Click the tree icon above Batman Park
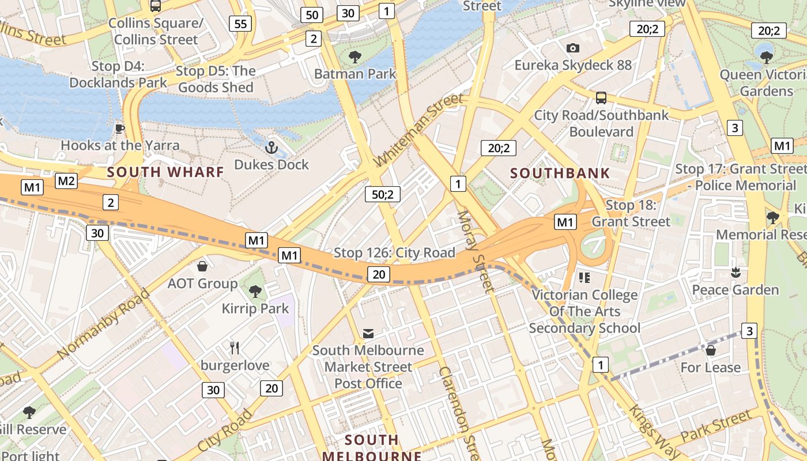click(355, 56)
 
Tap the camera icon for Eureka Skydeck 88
click(572, 48)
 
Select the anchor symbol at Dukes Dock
click(271, 148)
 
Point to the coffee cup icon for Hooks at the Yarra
click(119, 128)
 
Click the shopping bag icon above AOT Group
click(202, 266)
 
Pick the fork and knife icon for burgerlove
click(234, 348)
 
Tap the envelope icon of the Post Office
click(368, 334)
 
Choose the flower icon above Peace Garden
click(735, 272)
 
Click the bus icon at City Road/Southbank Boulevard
click(601, 97)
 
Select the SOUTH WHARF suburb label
click(165, 172)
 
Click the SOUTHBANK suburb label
click(560, 173)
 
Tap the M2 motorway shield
click(66, 181)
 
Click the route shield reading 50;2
click(382, 194)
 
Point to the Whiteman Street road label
click(418, 130)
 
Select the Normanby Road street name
click(104, 323)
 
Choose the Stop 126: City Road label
click(394, 252)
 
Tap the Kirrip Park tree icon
click(255, 292)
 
